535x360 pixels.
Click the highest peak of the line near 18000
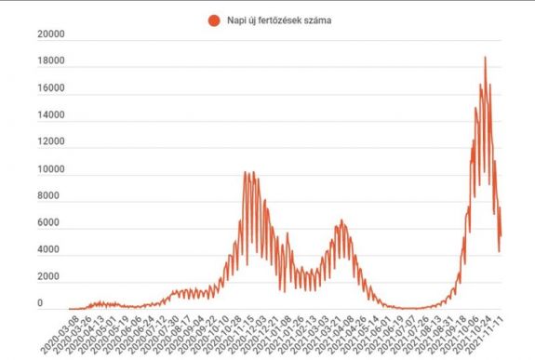click(x=485, y=58)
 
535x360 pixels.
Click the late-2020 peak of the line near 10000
click(x=248, y=172)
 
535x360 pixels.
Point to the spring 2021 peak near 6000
click(x=341, y=220)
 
